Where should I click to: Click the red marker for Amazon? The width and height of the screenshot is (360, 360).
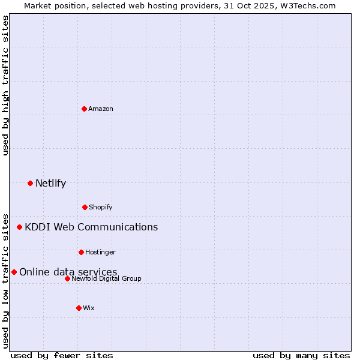click(85, 109)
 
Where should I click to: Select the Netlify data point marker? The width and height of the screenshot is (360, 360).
click(31, 183)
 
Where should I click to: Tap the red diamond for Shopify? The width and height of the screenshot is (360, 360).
click(85, 207)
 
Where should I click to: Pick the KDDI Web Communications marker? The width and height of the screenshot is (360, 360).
click(20, 227)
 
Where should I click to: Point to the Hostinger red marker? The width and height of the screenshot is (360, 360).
click(82, 252)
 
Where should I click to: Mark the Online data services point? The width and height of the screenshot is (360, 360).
click(14, 272)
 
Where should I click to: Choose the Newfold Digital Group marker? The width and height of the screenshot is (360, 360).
click(68, 278)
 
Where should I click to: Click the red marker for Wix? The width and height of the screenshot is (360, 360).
click(79, 308)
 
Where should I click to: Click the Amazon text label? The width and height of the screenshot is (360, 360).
click(101, 109)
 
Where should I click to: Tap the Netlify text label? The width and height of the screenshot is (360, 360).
click(50, 183)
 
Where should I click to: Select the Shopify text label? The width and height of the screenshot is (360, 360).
click(101, 207)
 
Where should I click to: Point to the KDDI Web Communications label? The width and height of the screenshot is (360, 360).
click(91, 227)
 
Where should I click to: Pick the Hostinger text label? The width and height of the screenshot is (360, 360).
click(100, 252)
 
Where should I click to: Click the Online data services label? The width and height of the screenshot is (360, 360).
click(68, 272)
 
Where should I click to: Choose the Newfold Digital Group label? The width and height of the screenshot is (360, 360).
click(106, 278)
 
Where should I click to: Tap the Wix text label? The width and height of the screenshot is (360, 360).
click(89, 308)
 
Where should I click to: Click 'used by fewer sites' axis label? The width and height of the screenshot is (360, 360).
click(62, 355)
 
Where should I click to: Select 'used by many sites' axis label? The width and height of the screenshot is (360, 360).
click(301, 355)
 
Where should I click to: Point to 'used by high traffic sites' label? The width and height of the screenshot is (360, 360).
click(5, 85)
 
